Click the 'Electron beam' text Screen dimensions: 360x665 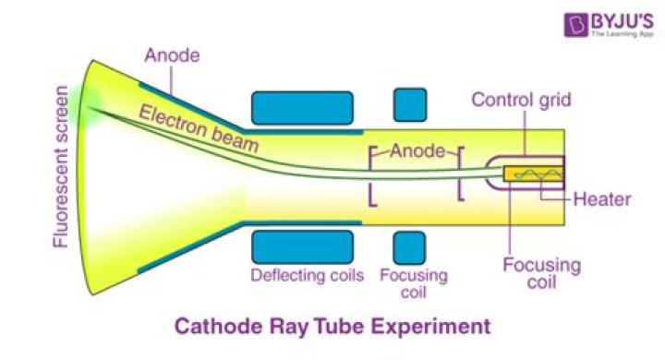199,128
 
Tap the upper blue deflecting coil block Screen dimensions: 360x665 301,108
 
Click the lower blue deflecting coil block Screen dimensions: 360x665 301,246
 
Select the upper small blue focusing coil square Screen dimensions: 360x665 409,105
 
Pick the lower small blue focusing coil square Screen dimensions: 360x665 409,247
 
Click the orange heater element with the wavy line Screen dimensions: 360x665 534,174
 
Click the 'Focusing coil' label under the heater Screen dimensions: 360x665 542,275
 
